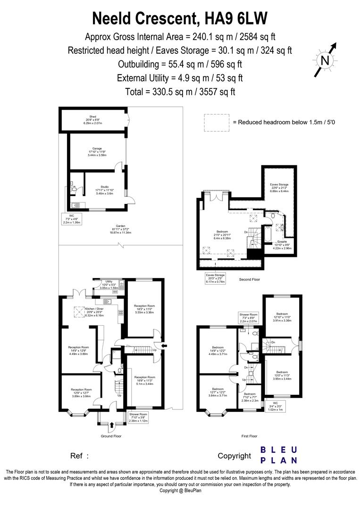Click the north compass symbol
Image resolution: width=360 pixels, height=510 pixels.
[x=325, y=60]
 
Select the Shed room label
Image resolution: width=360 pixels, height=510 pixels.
[x=90, y=119]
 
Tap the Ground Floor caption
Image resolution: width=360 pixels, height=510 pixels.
[x=110, y=436]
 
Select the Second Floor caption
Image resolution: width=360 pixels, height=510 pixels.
[x=249, y=280]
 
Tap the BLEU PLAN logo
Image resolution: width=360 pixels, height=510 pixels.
[x=279, y=455]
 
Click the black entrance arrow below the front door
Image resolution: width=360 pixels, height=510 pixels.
[x=111, y=425]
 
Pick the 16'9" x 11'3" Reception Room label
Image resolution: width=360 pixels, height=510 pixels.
[x=144, y=381]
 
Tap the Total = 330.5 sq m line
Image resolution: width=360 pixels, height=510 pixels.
[x=180, y=92]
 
